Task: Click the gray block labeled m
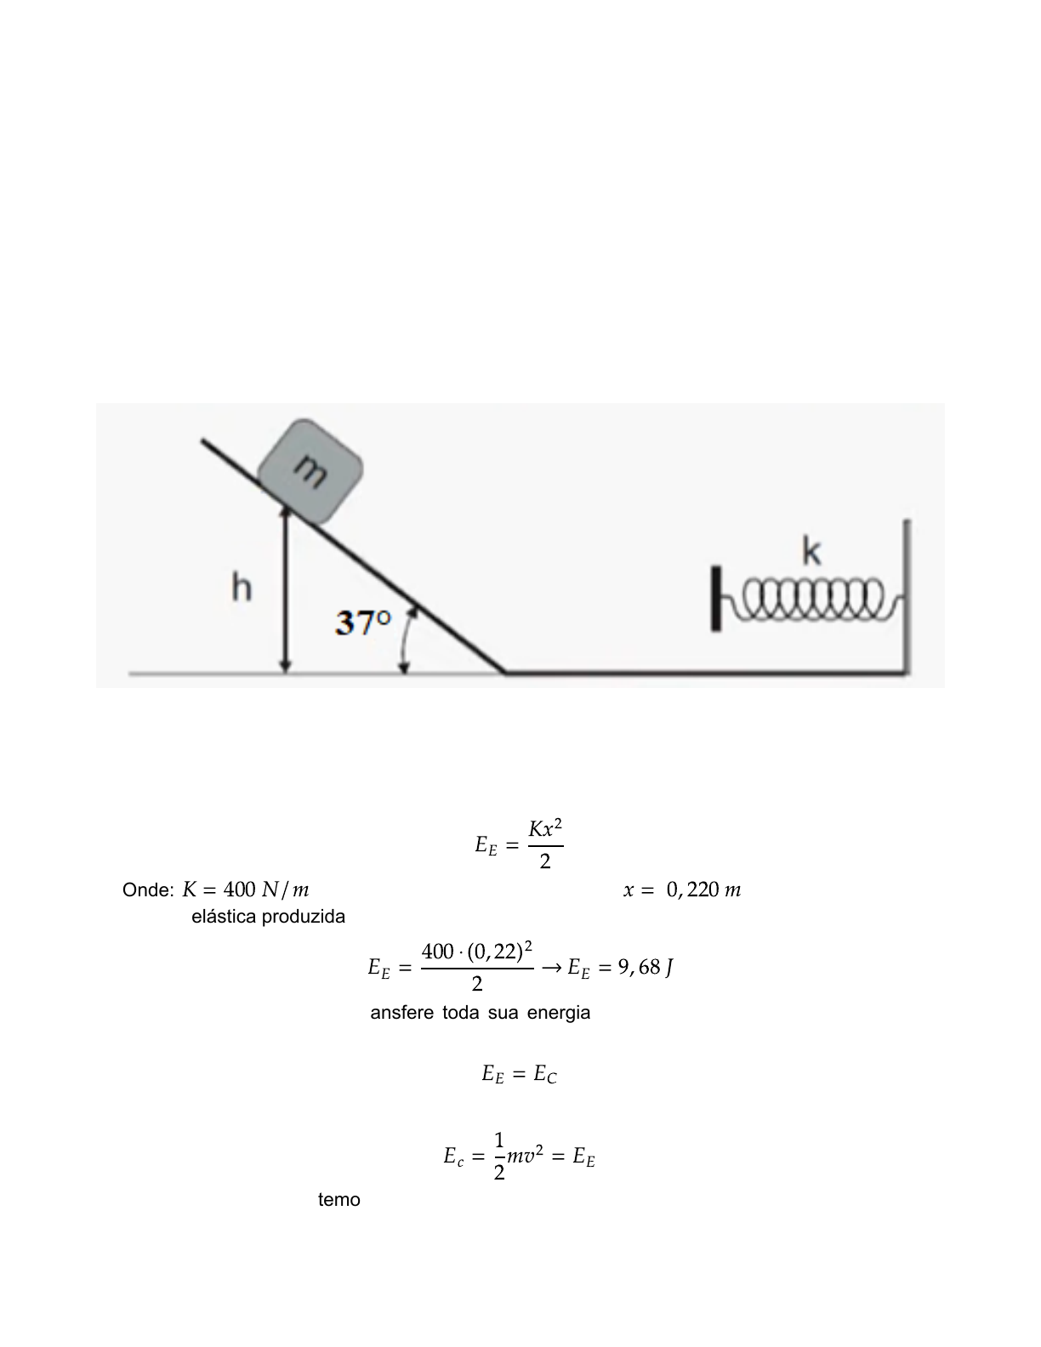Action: coord(310,471)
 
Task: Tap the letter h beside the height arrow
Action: coord(242,588)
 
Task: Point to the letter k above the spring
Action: coord(811,552)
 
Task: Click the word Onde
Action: coord(148,890)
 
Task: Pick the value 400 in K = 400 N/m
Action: coord(239,890)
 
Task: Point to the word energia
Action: coord(558,1013)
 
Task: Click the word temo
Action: coord(338,1200)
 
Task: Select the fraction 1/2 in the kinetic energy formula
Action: coord(499,1156)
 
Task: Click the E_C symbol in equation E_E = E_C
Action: coord(545,1075)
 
